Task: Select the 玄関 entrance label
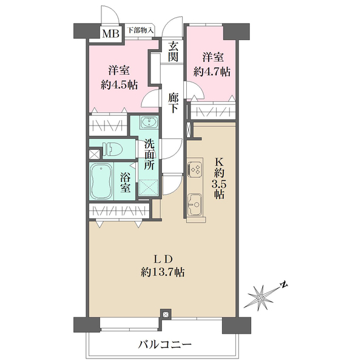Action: [x=174, y=51]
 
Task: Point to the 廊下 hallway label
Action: [x=174, y=101]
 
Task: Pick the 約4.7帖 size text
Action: [x=213, y=72]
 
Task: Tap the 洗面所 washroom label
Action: [x=150, y=156]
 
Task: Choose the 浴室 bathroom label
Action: [x=124, y=183]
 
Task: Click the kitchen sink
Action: [x=195, y=204]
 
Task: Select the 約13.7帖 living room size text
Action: [x=163, y=272]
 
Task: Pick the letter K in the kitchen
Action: [x=220, y=163]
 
